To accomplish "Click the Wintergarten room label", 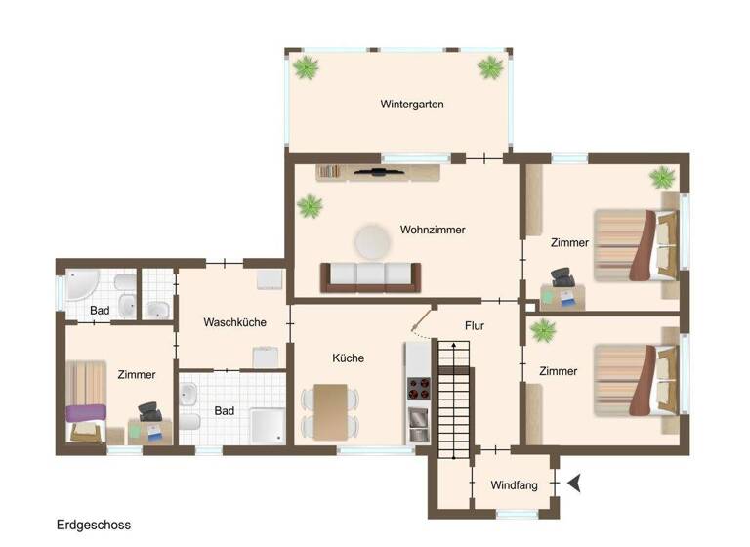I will point(413,104).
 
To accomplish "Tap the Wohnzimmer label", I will point(433,231).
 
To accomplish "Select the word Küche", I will point(349,358).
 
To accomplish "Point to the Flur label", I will point(475,326).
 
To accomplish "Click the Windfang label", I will point(514,485).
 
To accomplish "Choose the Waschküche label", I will point(234,323).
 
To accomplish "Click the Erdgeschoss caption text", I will point(94,525).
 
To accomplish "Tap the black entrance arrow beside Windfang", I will point(575,482).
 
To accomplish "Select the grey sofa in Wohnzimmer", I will point(371,276).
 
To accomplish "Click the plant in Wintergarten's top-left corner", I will point(307,68).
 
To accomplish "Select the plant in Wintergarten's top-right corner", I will point(489,67).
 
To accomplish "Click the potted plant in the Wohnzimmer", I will point(311,206).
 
